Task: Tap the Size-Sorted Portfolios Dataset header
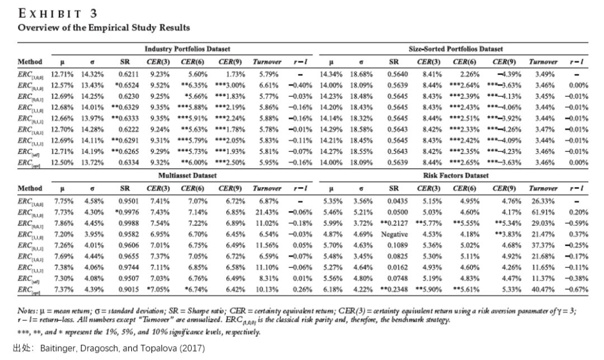pyautogui.click(x=456, y=49)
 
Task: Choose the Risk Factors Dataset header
pyautogui.click(x=456, y=176)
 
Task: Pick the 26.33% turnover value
pyautogui.click(x=542, y=201)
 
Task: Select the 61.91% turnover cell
pyautogui.click(x=542, y=212)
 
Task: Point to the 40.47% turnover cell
pyautogui.click(x=542, y=290)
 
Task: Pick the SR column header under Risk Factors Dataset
pyautogui.click(x=394, y=188)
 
